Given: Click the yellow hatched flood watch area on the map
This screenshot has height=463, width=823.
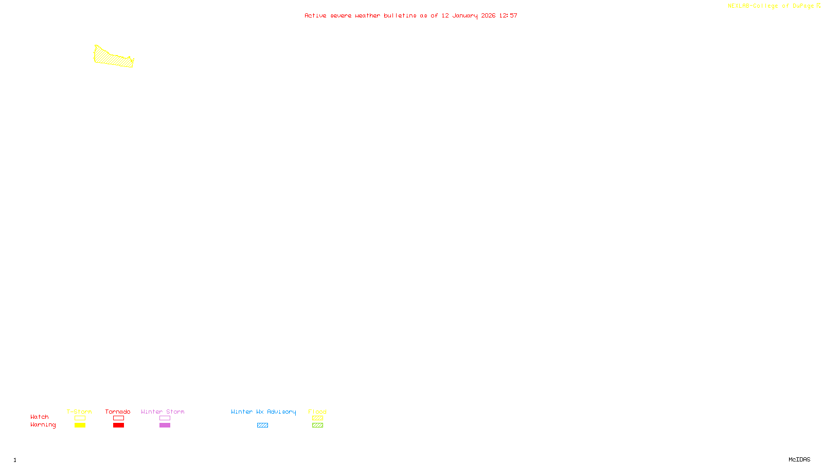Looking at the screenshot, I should (x=112, y=58).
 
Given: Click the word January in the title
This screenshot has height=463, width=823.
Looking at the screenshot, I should (x=465, y=15).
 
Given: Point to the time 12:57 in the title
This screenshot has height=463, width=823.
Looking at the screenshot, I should (x=508, y=15).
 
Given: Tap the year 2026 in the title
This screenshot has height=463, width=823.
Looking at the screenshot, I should (x=488, y=15).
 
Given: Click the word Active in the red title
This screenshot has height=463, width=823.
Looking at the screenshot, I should (x=315, y=15).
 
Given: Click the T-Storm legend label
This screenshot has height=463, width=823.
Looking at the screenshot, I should (x=79, y=412).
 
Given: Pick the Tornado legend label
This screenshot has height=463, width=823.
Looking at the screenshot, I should (x=118, y=412).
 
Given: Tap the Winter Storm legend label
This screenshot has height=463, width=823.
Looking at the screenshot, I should (x=163, y=412).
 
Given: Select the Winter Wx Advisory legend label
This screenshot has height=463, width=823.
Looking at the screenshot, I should (x=263, y=412).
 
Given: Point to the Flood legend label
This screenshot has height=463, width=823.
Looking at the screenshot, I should (x=317, y=412).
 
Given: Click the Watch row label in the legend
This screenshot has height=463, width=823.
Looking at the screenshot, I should (x=40, y=417).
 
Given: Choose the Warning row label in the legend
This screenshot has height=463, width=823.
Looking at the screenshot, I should (x=43, y=425).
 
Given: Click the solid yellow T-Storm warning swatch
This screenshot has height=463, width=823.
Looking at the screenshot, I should (x=80, y=425).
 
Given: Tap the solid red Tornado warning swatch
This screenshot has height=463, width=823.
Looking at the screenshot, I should (x=118, y=425).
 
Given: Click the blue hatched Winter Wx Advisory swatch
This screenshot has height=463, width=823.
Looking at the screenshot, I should (x=262, y=425).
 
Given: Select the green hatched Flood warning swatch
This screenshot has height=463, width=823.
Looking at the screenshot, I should (x=317, y=425).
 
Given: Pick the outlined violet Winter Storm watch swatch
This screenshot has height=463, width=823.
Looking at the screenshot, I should (x=165, y=418).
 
